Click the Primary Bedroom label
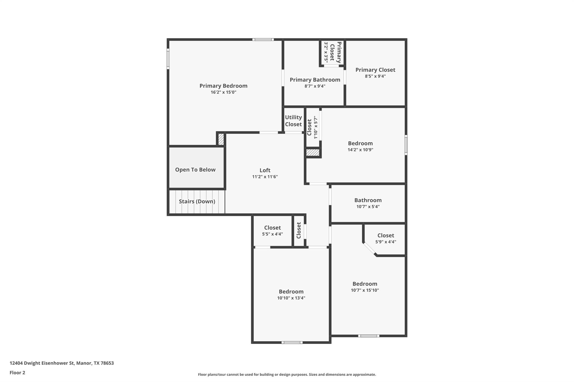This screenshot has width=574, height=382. [x=223, y=86]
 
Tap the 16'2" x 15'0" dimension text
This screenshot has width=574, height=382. [x=223, y=92]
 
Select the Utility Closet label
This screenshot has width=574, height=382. [x=293, y=121]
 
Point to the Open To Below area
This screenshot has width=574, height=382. [x=195, y=170]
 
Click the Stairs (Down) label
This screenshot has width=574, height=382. [x=197, y=201]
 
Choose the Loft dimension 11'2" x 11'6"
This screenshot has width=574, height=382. [x=265, y=177]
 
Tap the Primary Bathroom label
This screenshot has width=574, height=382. [x=315, y=80]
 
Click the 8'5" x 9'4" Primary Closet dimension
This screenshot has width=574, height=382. [x=375, y=76]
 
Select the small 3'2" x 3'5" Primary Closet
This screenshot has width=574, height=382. [x=332, y=53]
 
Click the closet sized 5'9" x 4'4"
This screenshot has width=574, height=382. [x=386, y=238]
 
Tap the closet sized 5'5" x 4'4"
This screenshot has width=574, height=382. [x=272, y=231]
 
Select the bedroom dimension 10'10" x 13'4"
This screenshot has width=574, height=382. [x=291, y=298]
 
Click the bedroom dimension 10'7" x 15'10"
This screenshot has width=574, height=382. [x=365, y=290]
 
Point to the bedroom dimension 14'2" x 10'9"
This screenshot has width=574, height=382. [x=360, y=150]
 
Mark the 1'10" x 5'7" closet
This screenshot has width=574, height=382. [x=313, y=128]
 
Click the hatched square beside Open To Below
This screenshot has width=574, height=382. [x=221, y=139]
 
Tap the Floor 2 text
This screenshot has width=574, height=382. [x=17, y=372]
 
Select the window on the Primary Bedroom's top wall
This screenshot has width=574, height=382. [x=263, y=40]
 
